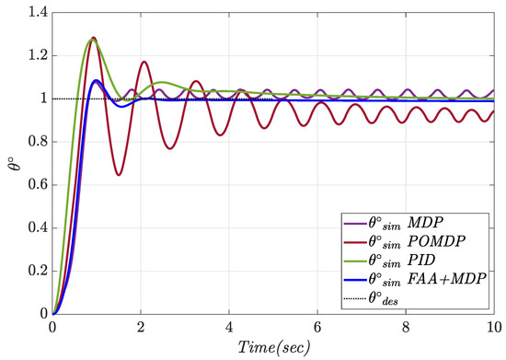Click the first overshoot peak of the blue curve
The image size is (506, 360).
click(x=97, y=80)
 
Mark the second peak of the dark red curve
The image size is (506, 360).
click(x=144, y=62)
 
